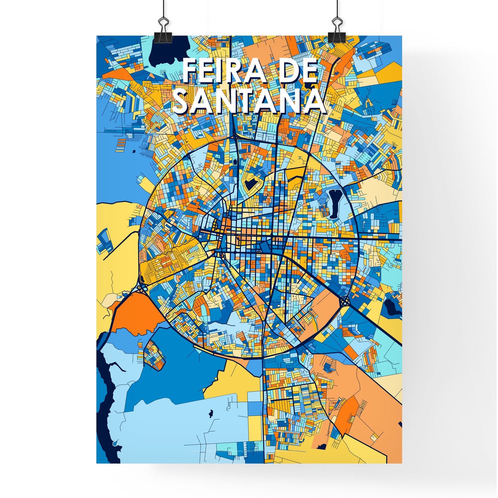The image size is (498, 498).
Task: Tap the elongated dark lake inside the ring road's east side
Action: [334, 203]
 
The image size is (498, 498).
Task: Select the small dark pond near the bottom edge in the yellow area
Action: [322, 447]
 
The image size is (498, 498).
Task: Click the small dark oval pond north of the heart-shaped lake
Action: [235, 161]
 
